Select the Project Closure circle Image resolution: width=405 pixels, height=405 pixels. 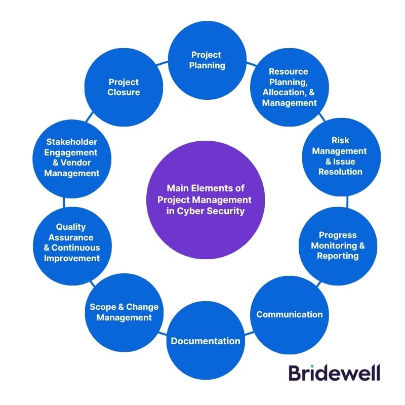[x=124, y=87]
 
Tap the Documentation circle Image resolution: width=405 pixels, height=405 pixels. [x=206, y=340]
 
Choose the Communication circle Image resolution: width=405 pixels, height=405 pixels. [x=290, y=314]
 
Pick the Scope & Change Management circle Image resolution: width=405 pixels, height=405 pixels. [x=124, y=312]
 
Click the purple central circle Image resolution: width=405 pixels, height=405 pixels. [x=206, y=199]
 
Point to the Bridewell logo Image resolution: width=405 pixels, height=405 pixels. [x=334, y=373]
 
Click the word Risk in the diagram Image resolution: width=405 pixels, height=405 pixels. [x=340, y=140]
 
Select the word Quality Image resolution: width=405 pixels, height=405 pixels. [x=71, y=227]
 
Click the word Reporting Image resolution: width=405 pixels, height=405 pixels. [x=338, y=256]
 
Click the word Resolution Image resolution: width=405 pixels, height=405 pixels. [x=340, y=172]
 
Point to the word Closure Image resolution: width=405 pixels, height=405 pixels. [x=124, y=92]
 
